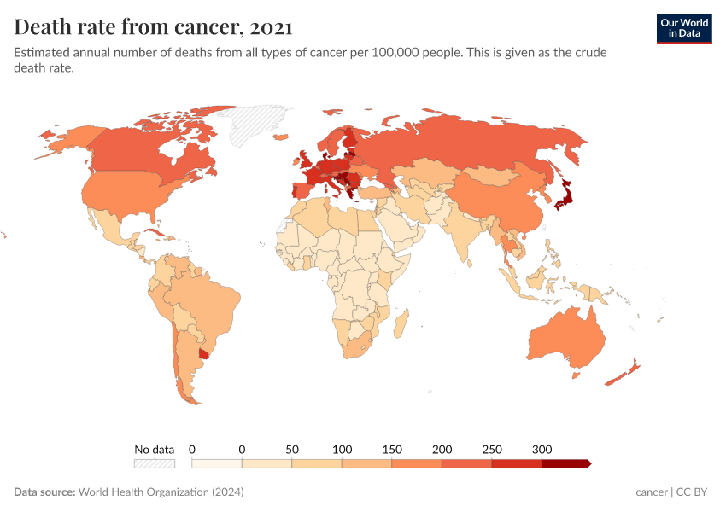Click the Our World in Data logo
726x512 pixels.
pyautogui.click(x=683, y=28)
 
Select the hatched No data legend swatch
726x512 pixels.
pyautogui.click(x=154, y=463)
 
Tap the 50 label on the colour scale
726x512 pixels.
pyautogui.click(x=292, y=449)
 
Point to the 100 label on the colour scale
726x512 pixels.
pyautogui.click(x=342, y=449)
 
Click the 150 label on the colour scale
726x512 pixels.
pyautogui.click(x=392, y=449)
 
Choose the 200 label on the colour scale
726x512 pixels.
pyautogui.click(x=442, y=449)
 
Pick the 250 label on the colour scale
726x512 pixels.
pyautogui.click(x=492, y=449)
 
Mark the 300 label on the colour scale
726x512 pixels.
pyautogui.click(x=542, y=449)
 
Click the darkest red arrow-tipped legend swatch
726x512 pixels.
pyautogui.click(x=565, y=463)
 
